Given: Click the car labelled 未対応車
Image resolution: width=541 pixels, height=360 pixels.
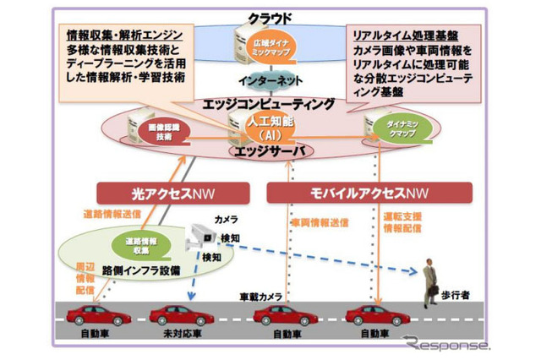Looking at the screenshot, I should click(x=182, y=315).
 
